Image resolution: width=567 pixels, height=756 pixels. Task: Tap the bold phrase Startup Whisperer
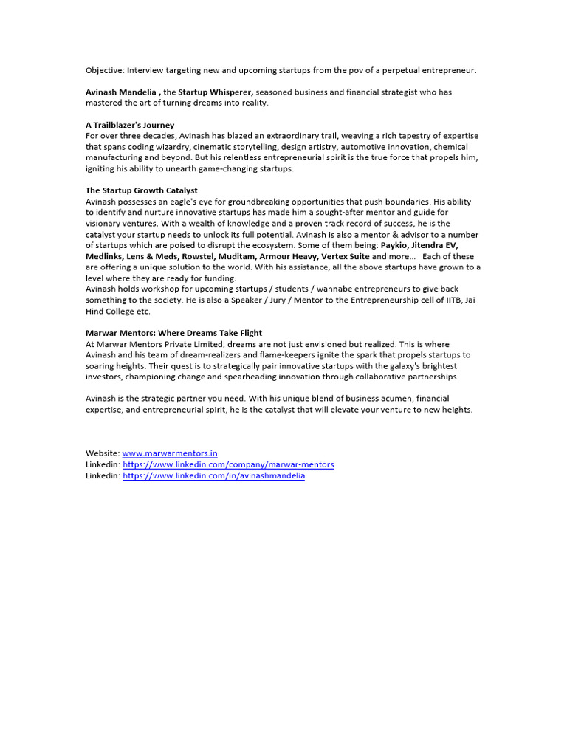coord(216,92)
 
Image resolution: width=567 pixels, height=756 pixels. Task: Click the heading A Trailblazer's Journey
coord(130,125)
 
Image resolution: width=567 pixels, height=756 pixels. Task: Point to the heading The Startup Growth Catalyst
coord(142,190)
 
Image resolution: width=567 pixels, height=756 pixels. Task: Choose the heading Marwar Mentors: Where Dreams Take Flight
coord(173,333)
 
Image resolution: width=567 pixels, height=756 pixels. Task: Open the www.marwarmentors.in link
coord(170,453)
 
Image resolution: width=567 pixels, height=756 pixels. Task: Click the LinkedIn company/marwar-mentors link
coord(228,464)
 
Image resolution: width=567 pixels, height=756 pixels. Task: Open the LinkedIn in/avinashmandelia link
coord(213,476)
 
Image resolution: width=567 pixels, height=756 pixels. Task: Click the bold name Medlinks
coord(104,256)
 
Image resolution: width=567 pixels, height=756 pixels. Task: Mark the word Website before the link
coord(102,453)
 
